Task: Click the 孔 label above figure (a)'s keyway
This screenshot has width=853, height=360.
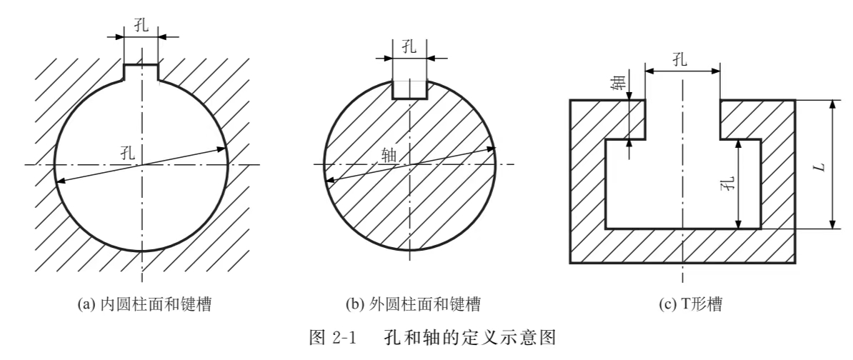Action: click(x=141, y=25)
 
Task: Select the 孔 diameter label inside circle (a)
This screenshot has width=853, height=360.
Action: click(x=127, y=151)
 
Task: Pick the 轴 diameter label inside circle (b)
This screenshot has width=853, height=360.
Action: click(x=389, y=153)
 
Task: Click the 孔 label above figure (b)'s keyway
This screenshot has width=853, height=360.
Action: click(x=409, y=49)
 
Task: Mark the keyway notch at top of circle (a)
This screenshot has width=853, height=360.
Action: click(x=141, y=73)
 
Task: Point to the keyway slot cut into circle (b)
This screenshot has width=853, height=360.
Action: click(x=410, y=89)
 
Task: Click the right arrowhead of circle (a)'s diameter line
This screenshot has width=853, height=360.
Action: click(x=223, y=149)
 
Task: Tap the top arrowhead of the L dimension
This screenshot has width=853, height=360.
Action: click(x=832, y=105)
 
